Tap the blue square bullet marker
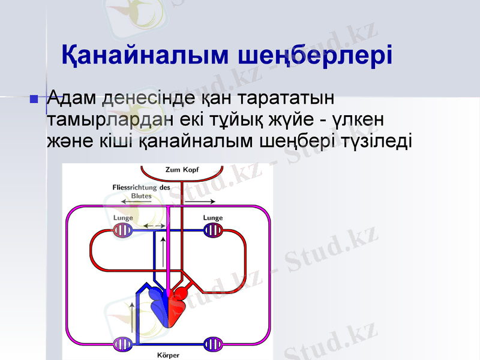(x=34, y=98)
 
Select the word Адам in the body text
(x=73, y=97)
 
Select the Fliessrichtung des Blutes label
(x=142, y=191)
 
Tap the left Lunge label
(x=123, y=218)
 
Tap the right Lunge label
(x=212, y=218)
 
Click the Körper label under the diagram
(x=168, y=355)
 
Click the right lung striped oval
(x=213, y=230)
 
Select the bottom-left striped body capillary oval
(x=122, y=344)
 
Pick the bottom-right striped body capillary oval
(x=213, y=344)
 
